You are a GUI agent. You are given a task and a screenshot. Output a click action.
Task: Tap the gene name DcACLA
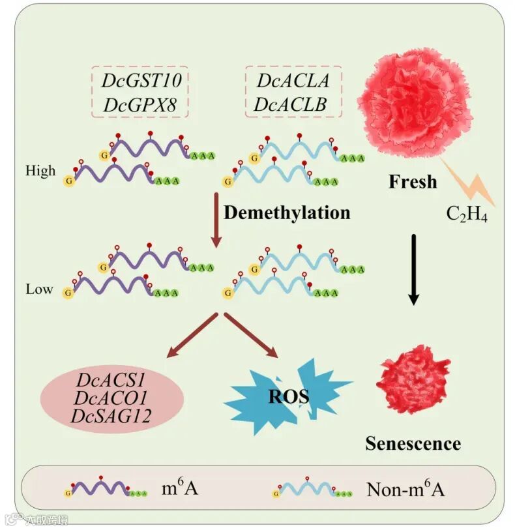(x=293, y=81)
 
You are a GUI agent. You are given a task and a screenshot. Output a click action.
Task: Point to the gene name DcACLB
(x=293, y=103)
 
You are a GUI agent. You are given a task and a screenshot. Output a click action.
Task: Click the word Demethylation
(x=287, y=213)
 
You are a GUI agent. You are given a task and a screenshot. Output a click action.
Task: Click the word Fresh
(x=413, y=181)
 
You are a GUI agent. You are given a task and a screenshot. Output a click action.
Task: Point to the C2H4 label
(x=467, y=214)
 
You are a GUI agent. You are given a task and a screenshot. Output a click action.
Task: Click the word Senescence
(x=413, y=444)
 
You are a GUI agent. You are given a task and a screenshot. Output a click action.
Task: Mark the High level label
(x=40, y=171)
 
